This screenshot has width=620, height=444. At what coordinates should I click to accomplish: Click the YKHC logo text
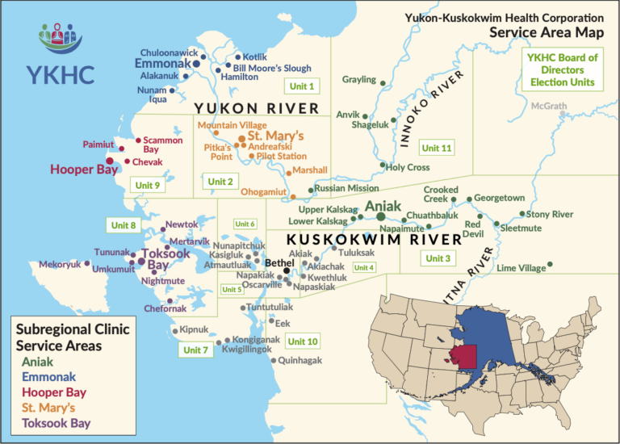[x=61, y=73]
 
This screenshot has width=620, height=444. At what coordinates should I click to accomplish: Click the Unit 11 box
[x=437, y=148]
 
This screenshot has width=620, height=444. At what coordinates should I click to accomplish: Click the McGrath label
[x=549, y=105]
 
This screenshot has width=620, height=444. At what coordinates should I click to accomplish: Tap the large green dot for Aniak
[x=381, y=216]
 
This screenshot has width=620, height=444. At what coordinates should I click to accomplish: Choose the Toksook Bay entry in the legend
[x=57, y=422]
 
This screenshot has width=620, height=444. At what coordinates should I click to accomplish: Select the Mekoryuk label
[x=61, y=264]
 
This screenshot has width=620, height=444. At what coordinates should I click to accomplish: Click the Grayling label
[x=359, y=79]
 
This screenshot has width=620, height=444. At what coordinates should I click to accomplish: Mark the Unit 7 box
[x=196, y=350]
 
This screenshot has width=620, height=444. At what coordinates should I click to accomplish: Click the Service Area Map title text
[x=546, y=32]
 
